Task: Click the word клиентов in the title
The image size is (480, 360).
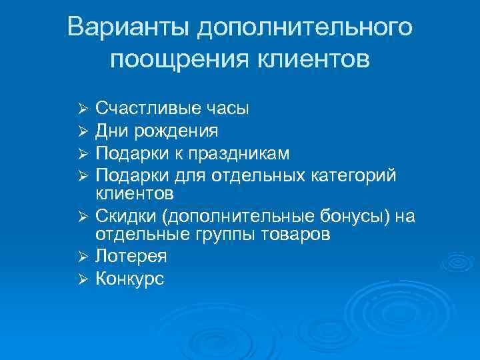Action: click(315, 60)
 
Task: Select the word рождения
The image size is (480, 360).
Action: click(175, 131)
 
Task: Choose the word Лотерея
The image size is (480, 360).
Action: click(131, 256)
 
